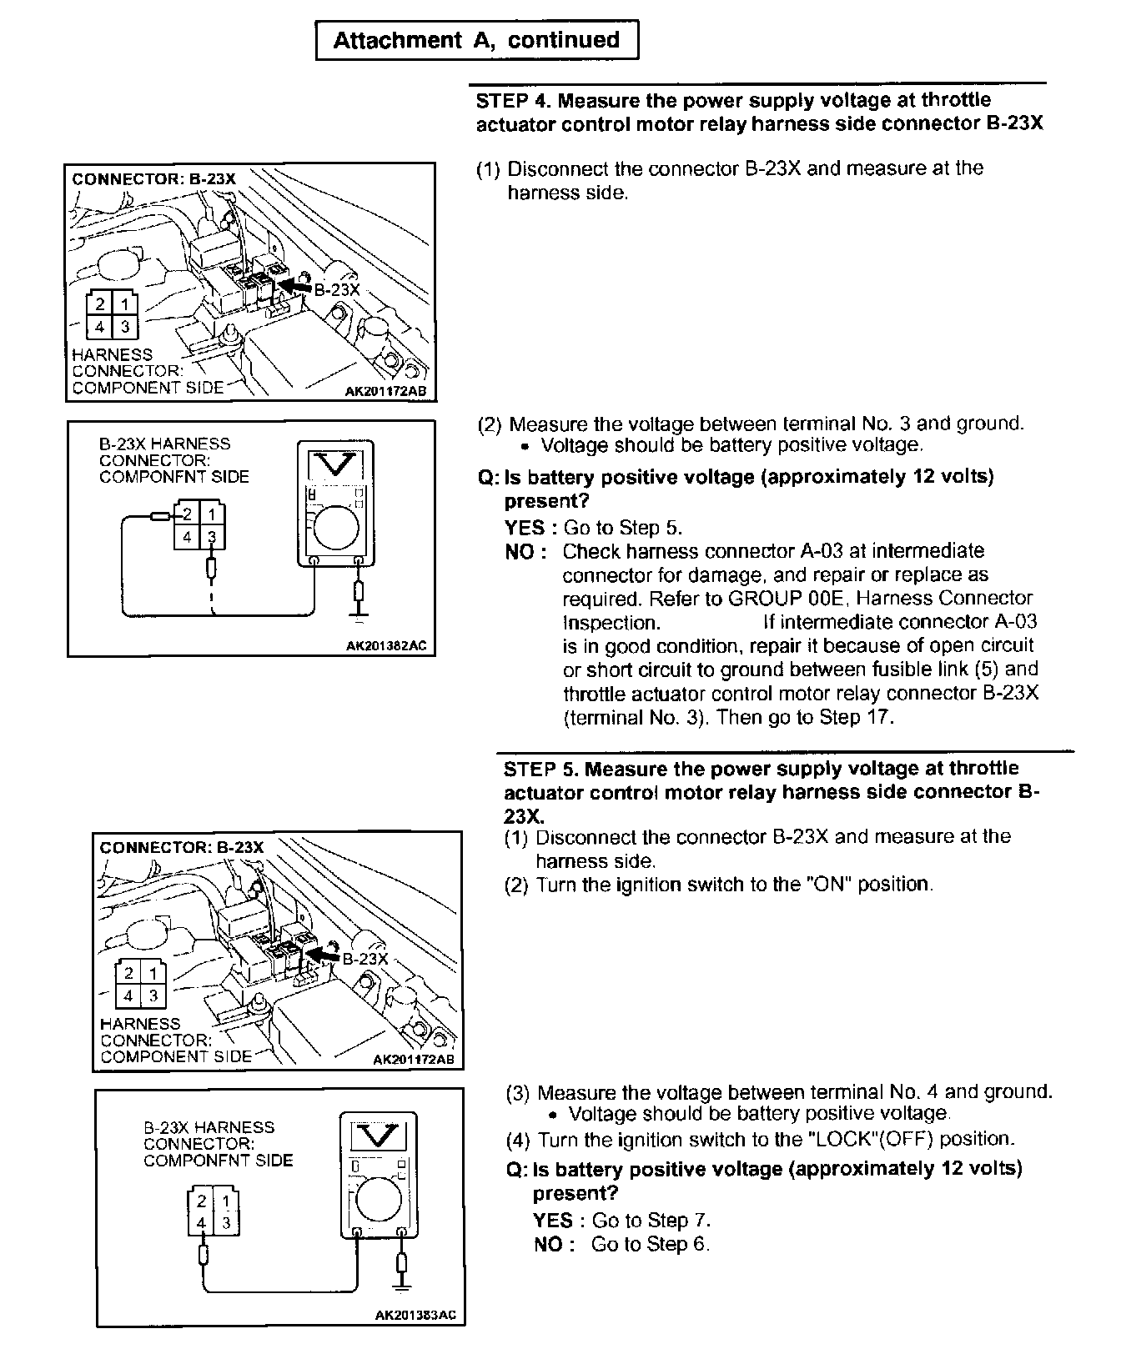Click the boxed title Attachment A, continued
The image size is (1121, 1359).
pyautogui.click(x=476, y=40)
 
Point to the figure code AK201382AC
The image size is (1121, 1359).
pyautogui.click(x=391, y=644)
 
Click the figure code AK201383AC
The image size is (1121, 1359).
pyautogui.click(x=415, y=1315)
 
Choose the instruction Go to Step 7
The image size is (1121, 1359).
pyautogui.click(x=651, y=1221)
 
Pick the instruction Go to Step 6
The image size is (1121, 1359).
pyautogui.click(x=651, y=1244)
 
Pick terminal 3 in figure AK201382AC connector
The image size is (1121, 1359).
pyautogui.click(x=213, y=537)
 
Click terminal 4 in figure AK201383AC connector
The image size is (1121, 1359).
pyautogui.click(x=201, y=1223)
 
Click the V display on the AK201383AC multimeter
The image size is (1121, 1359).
pyautogui.click(x=380, y=1136)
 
